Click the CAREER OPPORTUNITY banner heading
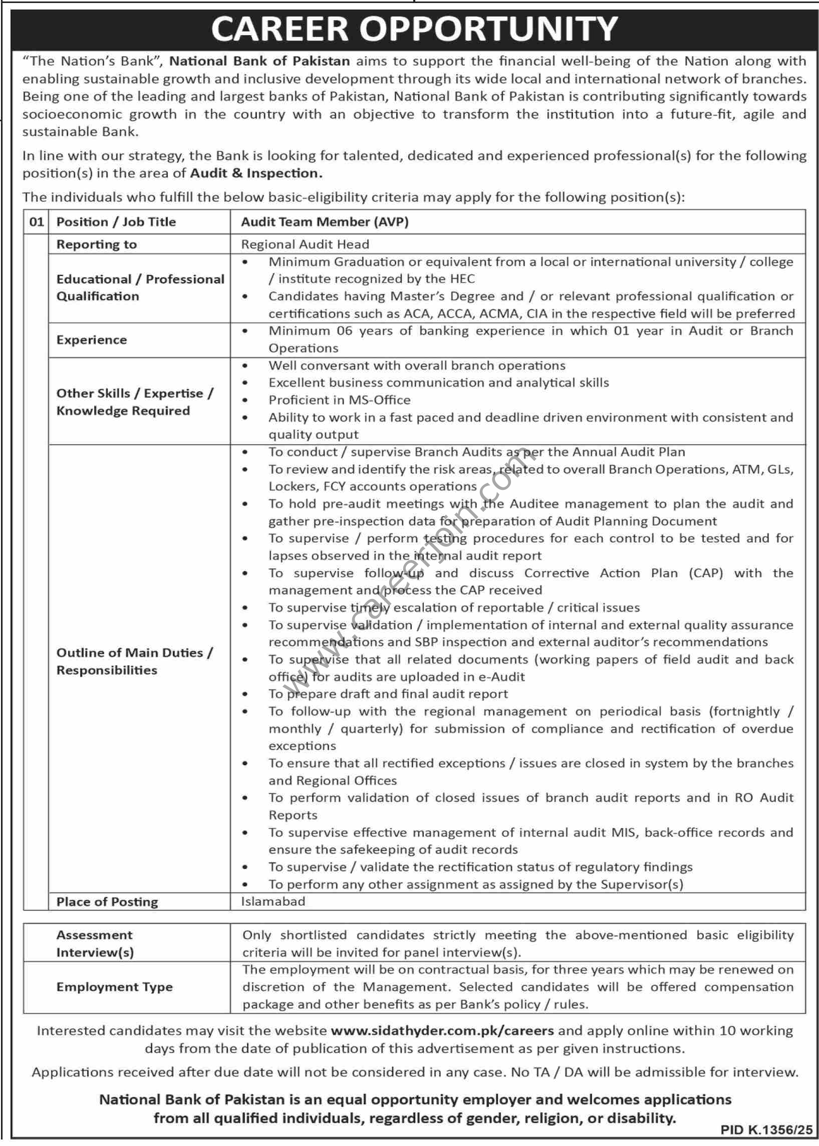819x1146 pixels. [x=414, y=29]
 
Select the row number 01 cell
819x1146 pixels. [x=36, y=222]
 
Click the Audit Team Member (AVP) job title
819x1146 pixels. [x=324, y=222]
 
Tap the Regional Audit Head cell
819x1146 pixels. [x=305, y=244]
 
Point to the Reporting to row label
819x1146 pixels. [x=96, y=244]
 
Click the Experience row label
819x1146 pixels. [x=91, y=340]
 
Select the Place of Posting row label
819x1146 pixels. [x=107, y=902]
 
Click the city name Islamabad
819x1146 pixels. [x=273, y=901]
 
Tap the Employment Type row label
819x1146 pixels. [x=115, y=987]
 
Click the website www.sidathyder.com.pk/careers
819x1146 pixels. [x=442, y=1030]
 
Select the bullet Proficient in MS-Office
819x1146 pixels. [x=340, y=400]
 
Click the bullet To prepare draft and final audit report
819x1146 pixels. [x=388, y=694]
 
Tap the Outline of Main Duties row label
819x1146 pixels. [x=134, y=661]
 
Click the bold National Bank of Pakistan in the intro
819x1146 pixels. [x=259, y=62]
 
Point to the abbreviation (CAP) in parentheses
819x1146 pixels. [x=705, y=574]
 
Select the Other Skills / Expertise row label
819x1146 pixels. [x=134, y=402]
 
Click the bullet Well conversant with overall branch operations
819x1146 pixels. [x=417, y=366]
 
